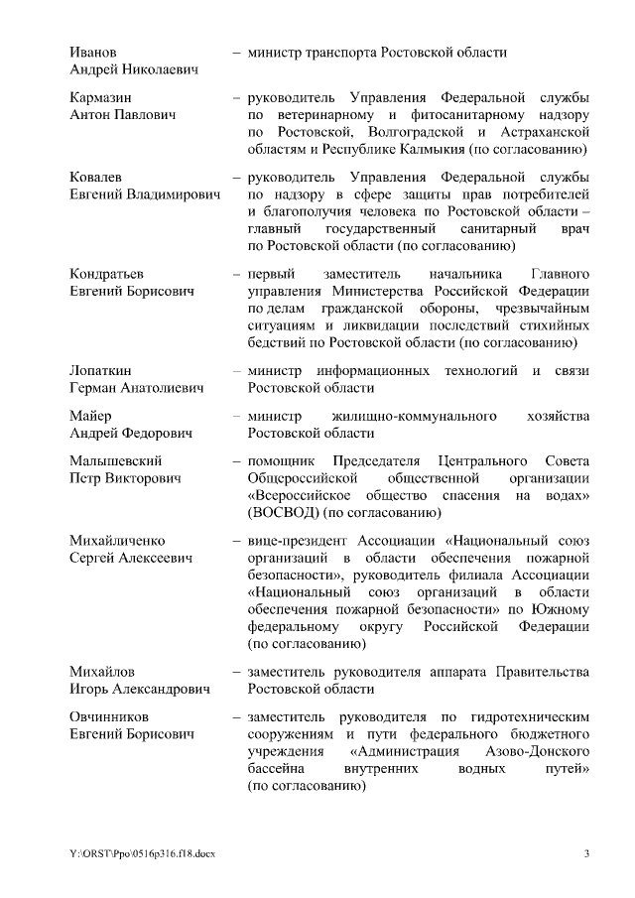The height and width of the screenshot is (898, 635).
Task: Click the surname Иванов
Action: tap(94, 52)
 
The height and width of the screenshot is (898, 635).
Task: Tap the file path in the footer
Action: tap(136, 854)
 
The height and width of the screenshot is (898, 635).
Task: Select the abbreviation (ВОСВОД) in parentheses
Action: tap(279, 513)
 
